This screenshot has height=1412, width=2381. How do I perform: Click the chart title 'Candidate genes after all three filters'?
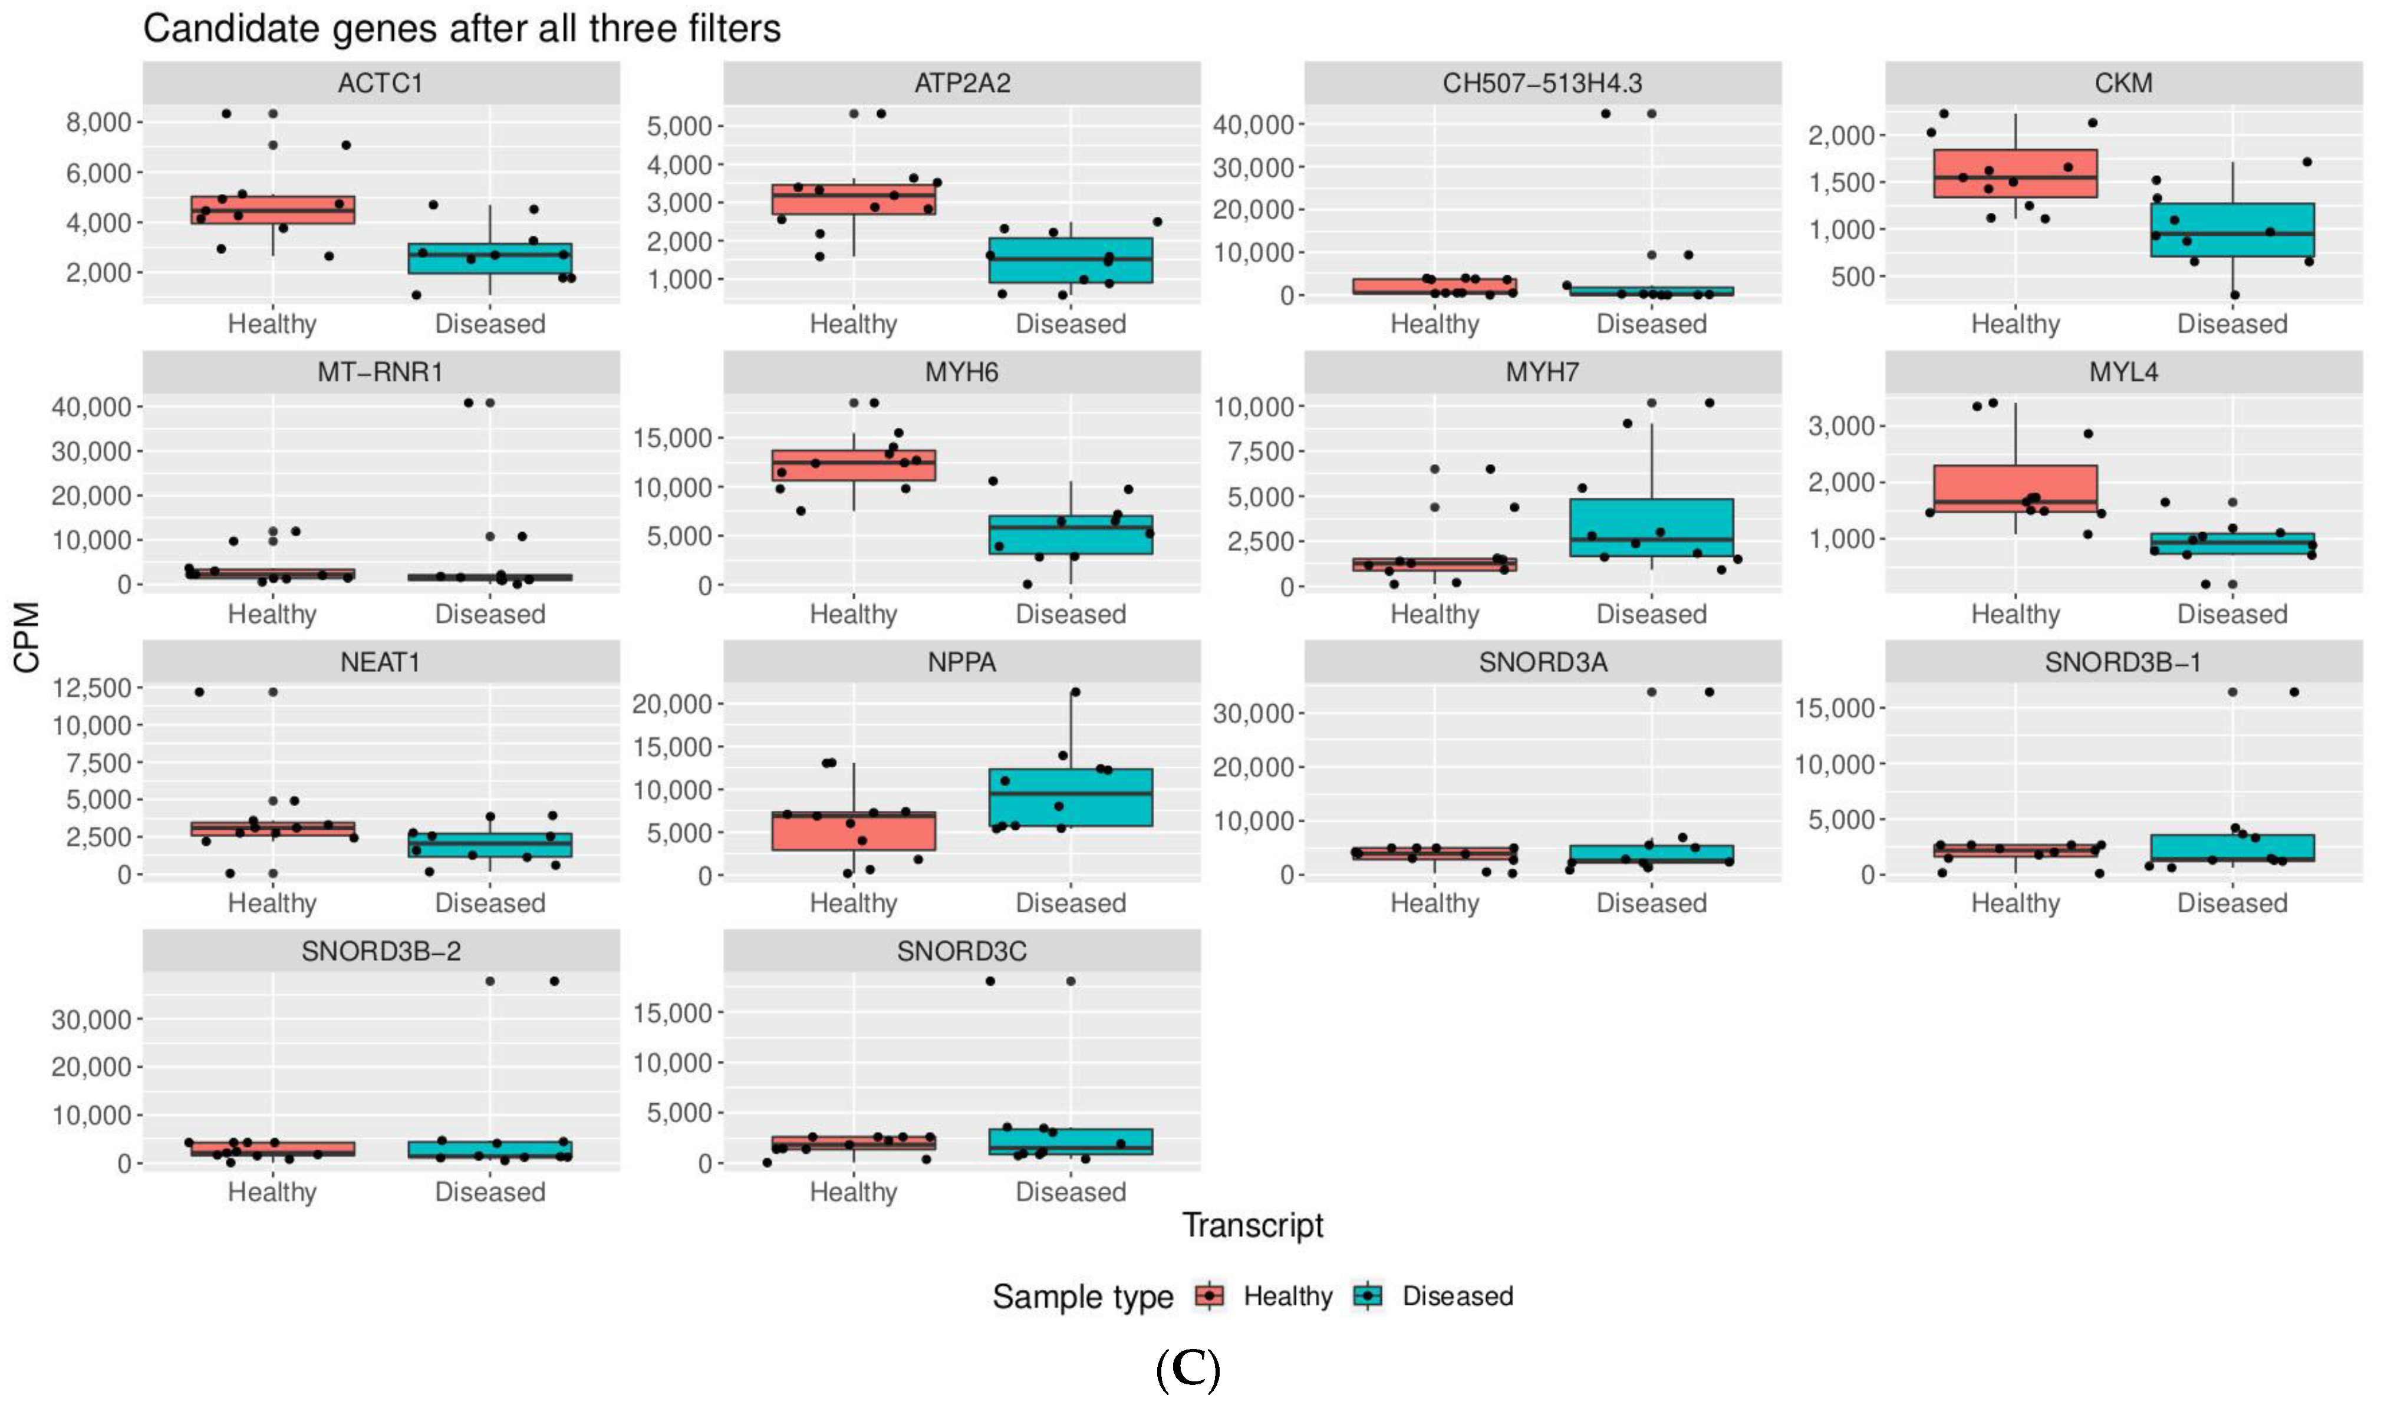pos(462,28)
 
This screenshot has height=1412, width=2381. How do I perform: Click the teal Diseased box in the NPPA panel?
pos(1071,797)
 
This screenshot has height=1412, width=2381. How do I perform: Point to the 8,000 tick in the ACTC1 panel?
pos(98,123)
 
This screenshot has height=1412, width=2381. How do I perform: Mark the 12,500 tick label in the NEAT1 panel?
pos(91,688)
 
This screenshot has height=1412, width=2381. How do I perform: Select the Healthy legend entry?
pos(1287,1296)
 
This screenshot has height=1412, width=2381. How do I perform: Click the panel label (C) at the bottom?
pos(1188,1370)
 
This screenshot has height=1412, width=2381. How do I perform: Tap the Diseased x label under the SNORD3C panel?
pos(1071,1192)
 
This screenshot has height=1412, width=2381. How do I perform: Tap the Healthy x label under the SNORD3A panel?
pos(1434,903)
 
